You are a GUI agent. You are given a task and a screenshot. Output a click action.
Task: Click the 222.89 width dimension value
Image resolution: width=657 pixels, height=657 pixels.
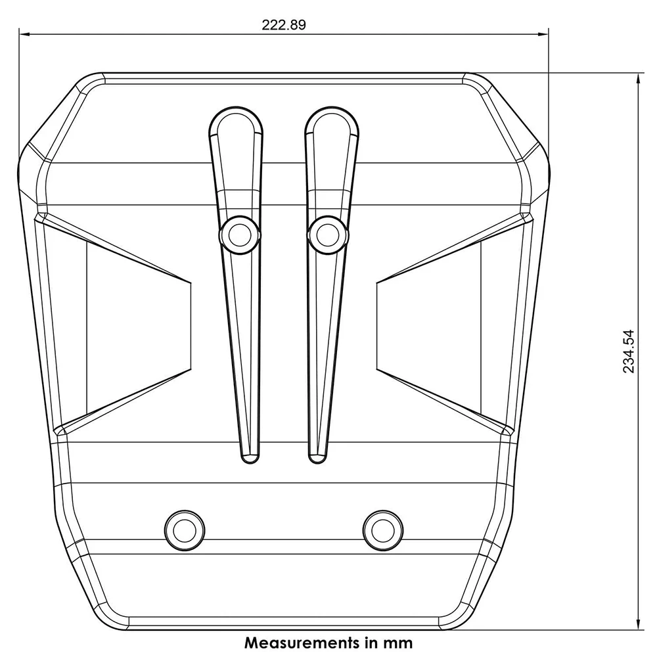tap(284, 25)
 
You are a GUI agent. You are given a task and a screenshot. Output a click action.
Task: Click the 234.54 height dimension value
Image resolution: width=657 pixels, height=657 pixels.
tap(629, 351)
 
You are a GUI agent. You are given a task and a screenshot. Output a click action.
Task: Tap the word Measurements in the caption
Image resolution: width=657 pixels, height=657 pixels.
tap(302, 643)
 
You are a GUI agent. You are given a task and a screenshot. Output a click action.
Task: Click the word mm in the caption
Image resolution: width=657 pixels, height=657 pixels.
tap(397, 643)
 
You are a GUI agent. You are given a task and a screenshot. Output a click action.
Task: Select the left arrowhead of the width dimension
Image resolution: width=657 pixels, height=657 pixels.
tap(24, 34)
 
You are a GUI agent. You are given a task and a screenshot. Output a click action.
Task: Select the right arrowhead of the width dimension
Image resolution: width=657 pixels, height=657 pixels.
tap(543, 34)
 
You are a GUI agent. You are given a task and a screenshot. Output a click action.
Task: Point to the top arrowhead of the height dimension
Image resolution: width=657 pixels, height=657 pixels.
tap(638, 79)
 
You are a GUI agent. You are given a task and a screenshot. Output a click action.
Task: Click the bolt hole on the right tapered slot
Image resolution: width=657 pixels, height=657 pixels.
tap(328, 235)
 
